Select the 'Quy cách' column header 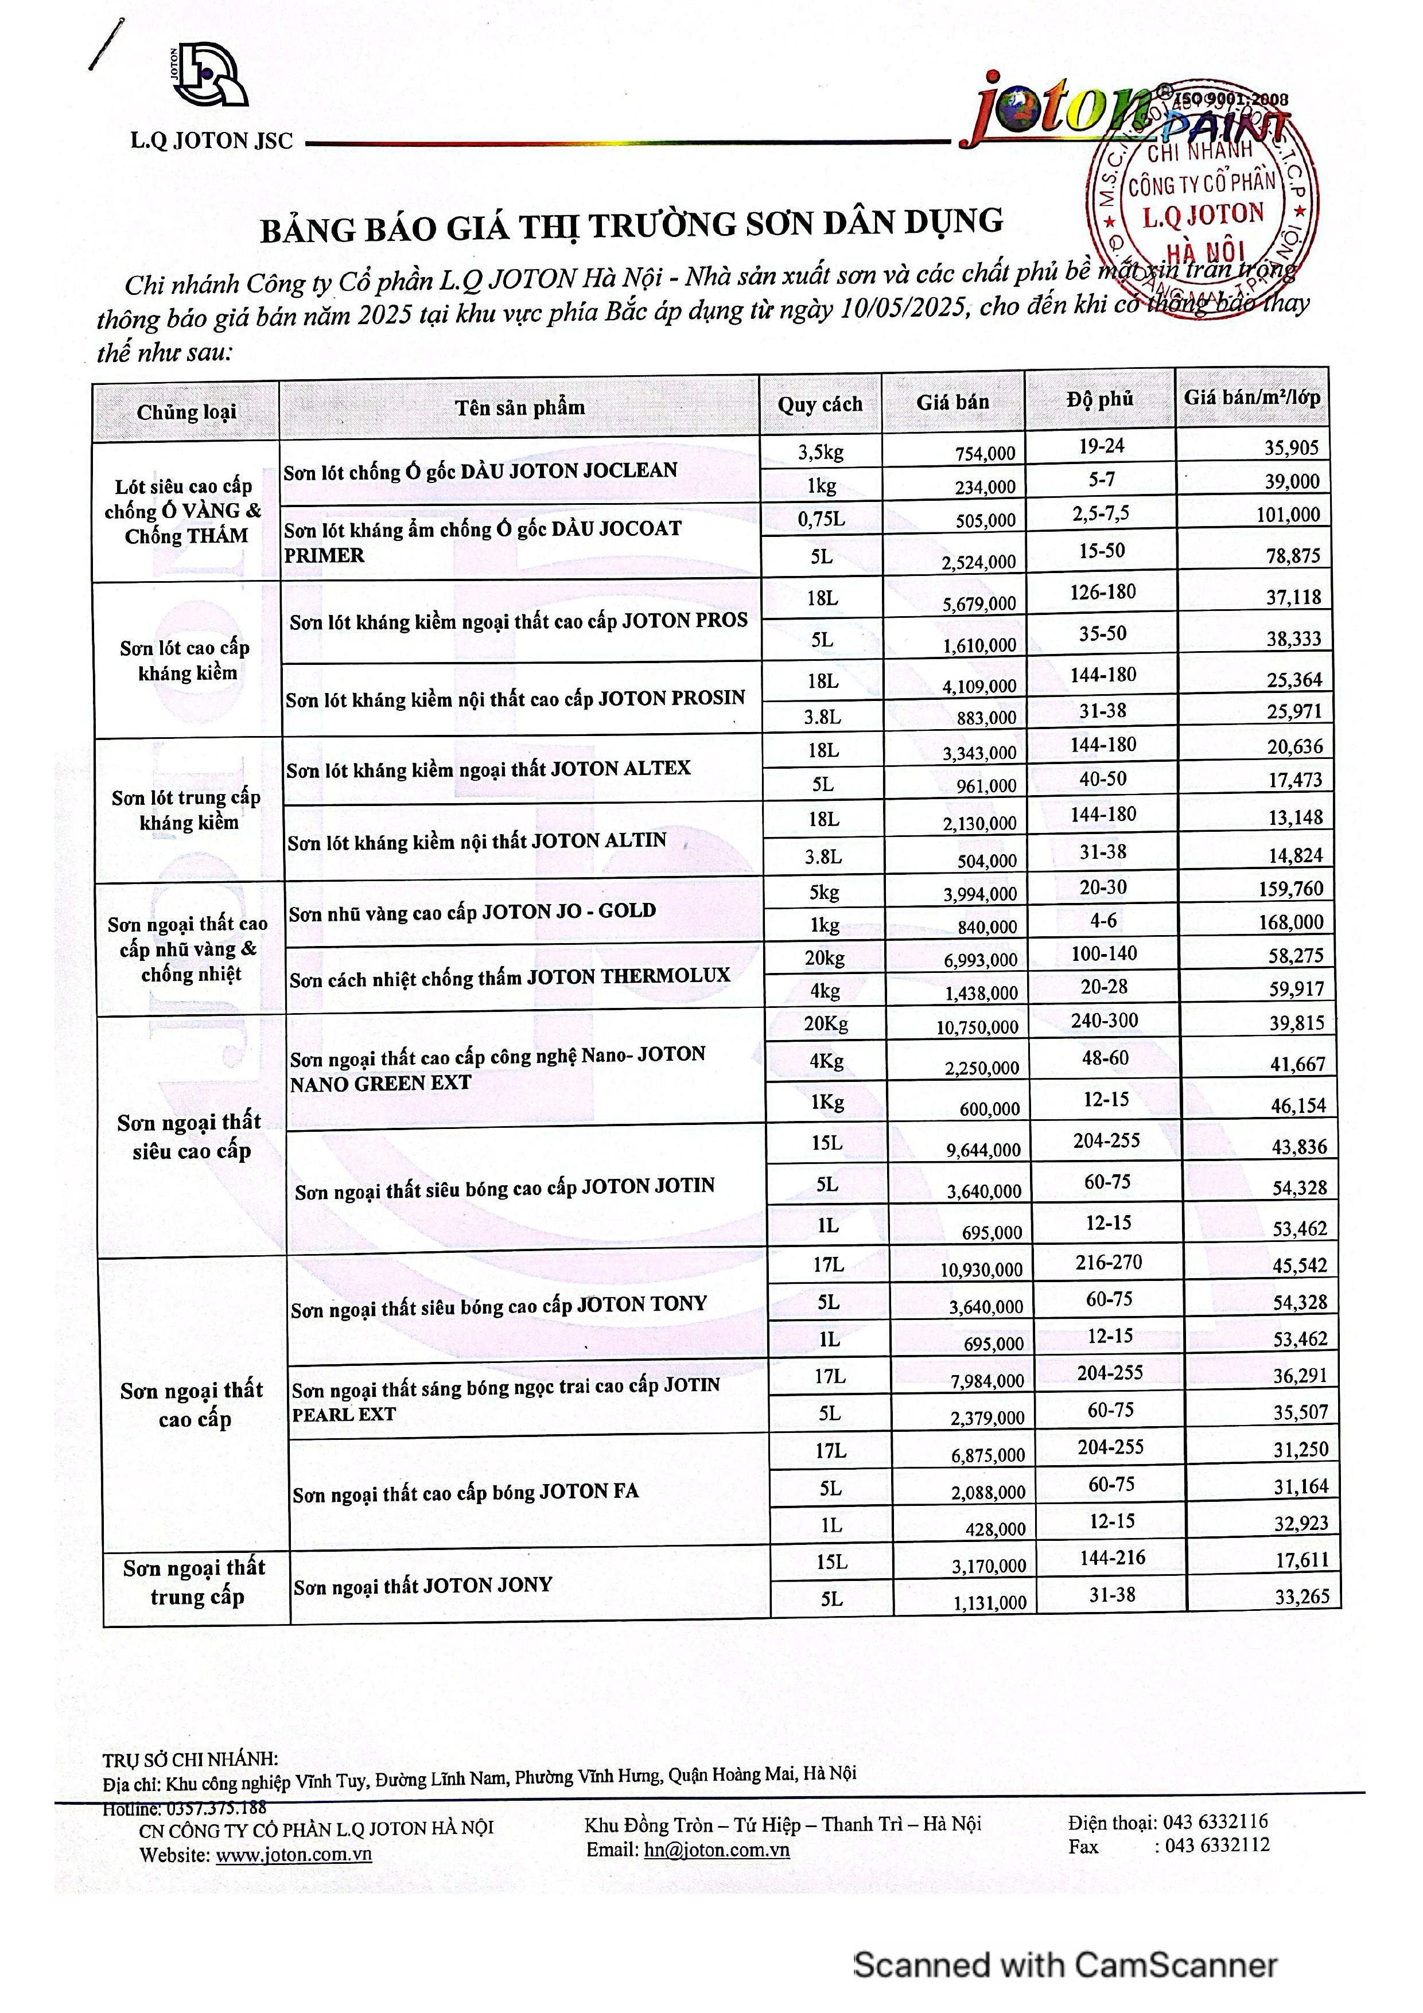(x=820, y=404)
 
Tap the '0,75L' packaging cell (x=822, y=519)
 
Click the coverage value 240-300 (x=1104, y=1021)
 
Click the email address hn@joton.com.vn (x=716, y=1850)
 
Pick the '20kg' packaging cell (x=824, y=958)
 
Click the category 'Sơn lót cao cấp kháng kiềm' (x=186, y=660)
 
